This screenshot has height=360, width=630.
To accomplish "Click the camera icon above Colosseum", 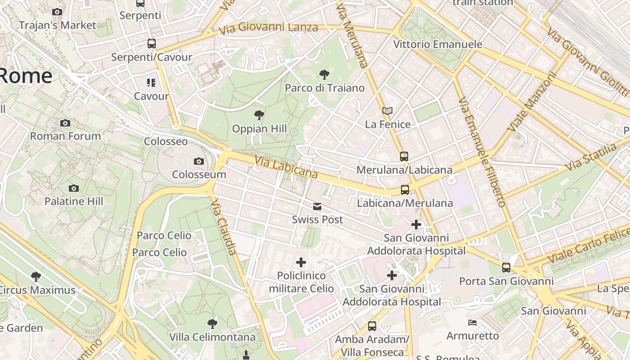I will click(x=198, y=161).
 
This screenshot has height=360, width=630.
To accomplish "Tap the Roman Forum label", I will click(x=65, y=136).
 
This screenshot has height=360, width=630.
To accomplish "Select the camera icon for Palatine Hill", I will click(x=74, y=188).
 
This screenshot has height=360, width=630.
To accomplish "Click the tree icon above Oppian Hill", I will click(x=259, y=115).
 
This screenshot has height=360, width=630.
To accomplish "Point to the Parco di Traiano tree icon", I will click(x=324, y=74).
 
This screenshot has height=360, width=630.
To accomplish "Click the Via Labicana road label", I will click(x=286, y=167).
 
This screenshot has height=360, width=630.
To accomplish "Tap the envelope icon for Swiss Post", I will click(x=317, y=207).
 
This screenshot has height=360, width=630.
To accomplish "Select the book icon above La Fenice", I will click(x=387, y=111).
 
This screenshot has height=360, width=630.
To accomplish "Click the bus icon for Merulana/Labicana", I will click(x=404, y=157).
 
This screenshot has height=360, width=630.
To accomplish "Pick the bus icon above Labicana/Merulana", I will click(x=405, y=190).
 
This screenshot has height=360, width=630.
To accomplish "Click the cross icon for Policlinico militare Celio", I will click(x=301, y=262).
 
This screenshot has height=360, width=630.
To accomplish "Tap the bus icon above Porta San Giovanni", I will click(x=506, y=268).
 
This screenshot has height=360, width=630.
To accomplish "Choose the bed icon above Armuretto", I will click(x=472, y=323).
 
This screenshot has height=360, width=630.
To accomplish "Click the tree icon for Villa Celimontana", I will click(x=212, y=324).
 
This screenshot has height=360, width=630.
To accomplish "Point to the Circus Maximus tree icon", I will click(x=36, y=277).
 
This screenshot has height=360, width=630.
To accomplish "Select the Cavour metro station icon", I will click(x=151, y=83).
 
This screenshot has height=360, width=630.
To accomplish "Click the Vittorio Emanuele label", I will click(x=437, y=44).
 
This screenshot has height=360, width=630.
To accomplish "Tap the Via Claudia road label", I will click(x=224, y=227).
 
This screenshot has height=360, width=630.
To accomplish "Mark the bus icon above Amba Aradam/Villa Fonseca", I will click(x=372, y=326).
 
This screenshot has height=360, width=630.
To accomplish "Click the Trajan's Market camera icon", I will click(x=57, y=12).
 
